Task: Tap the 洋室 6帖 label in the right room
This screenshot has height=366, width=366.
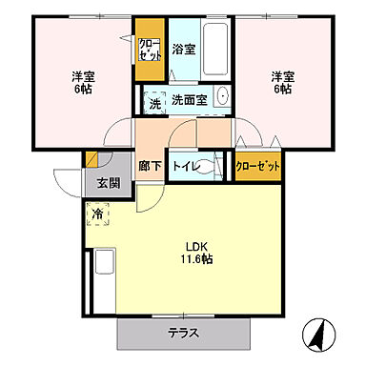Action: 280,82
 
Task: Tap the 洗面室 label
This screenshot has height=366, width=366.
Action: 189,99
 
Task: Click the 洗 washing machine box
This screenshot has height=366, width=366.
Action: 154,100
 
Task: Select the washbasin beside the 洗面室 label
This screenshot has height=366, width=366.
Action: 222,98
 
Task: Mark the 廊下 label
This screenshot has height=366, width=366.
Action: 150,165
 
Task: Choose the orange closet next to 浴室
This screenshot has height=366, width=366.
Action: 150,50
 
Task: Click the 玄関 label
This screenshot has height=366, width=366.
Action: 108,183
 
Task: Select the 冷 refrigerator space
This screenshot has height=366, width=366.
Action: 98,214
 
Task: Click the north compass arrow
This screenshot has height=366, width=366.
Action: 317,335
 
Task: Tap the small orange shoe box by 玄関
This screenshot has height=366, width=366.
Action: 91,160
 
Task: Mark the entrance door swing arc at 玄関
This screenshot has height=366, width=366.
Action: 69,181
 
